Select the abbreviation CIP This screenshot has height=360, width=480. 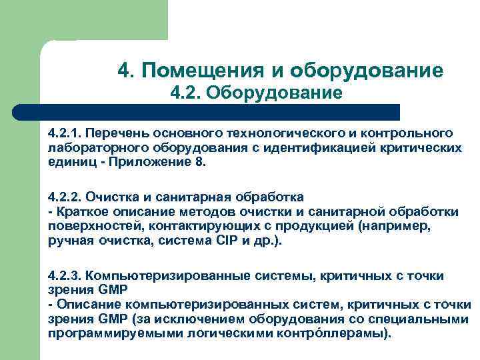(214, 241)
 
